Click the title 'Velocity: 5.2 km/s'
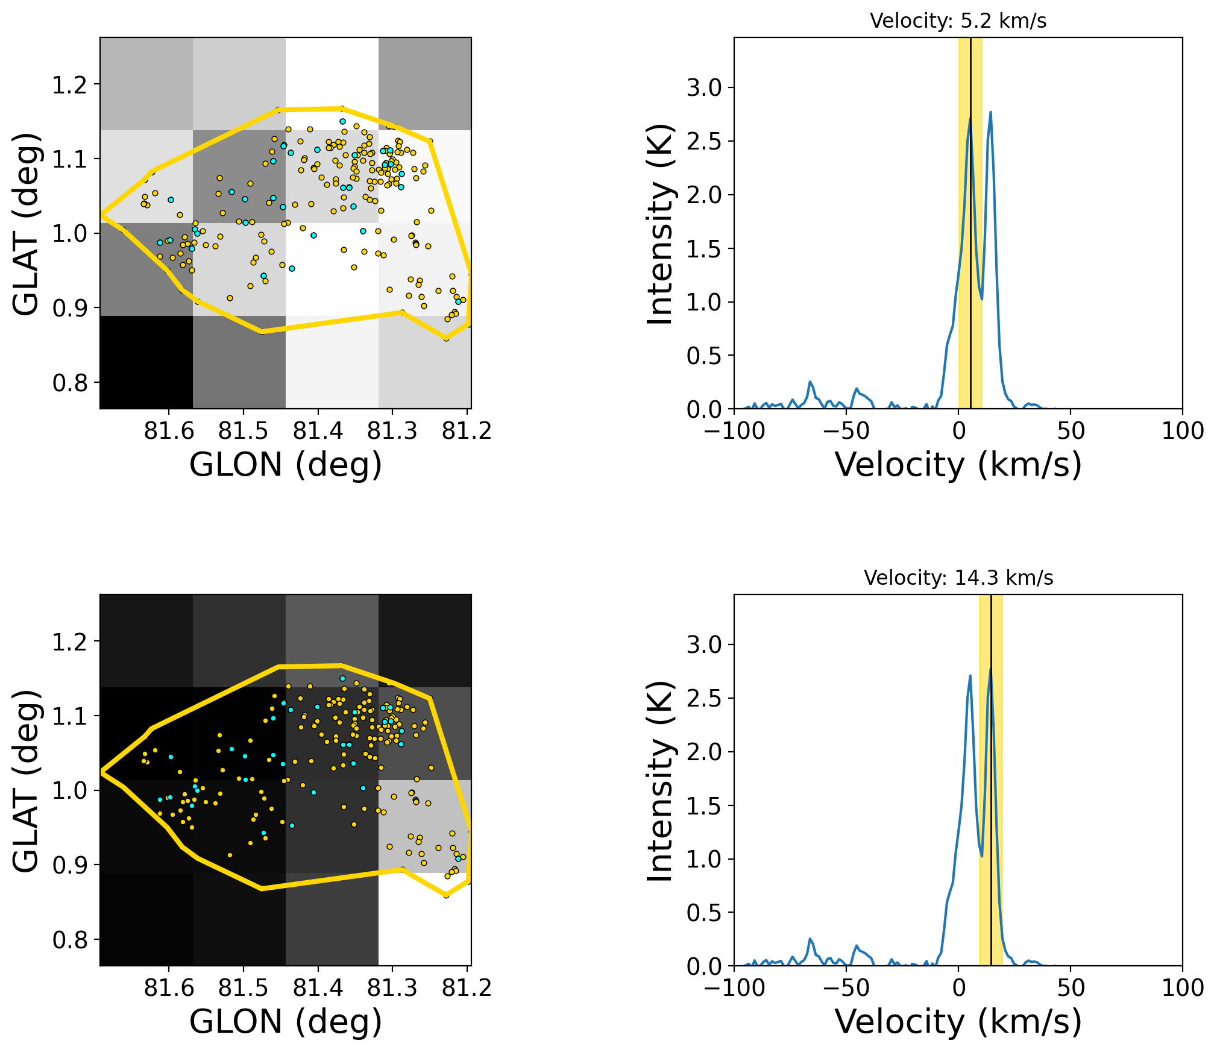pyautogui.click(x=958, y=21)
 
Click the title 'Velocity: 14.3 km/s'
pyautogui.click(x=958, y=578)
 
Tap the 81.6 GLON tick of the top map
pyautogui.click(x=169, y=430)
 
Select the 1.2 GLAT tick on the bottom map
pyautogui.click(x=69, y=642)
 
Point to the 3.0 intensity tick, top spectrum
pyautogui.click(x=703, y=88)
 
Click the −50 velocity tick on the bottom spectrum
pyautogui.click(x=846, y=987)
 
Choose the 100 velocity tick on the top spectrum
pyautogui.click(x=1182, y=430)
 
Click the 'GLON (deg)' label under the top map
pyautogui.click(x=286, y=465)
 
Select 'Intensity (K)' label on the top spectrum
pyautogui.click(x=659, y=224)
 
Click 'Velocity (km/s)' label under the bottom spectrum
pyautogui.click(x=958, y=1022)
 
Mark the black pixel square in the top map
pyautogui.click(x=146, y=362)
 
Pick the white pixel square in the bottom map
pyautogui.click(x=424, y=919)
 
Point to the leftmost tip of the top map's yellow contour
pyautogui.click(x=101, y=215)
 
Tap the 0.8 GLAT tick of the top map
pyautogui.click(x=69, y=383)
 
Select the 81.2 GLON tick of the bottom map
pyautogui.click(x=467, y=987)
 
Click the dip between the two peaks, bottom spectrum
pyautogui.click(x=981, y=855)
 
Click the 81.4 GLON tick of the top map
pyautogui.click(x=318, y=430)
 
